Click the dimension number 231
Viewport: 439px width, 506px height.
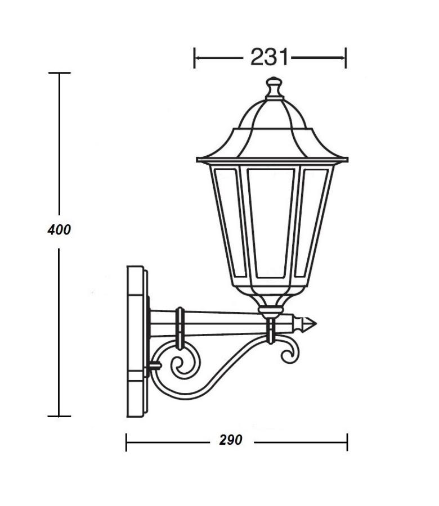pos(269,57)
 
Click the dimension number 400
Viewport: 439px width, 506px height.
pos(59,230)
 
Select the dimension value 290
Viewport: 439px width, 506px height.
pos(230,440)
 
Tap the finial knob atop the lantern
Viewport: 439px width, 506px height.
pos(274,87)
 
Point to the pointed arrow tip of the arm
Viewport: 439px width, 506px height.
pos(316,323)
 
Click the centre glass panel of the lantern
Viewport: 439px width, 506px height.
pos(271,223)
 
